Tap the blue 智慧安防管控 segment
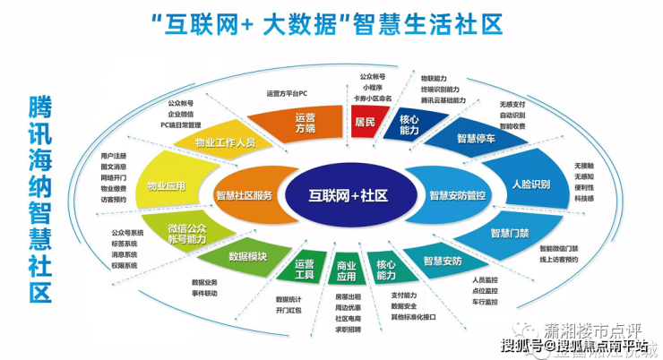pos(458,194)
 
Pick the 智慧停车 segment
pos(478,139)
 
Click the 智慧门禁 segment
pos(508,233)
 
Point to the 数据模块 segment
pos(247,257)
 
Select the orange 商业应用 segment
pos(346,270)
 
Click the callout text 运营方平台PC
pos(288,93)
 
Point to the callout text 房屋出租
pos(349,296)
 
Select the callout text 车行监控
pos(484,302)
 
